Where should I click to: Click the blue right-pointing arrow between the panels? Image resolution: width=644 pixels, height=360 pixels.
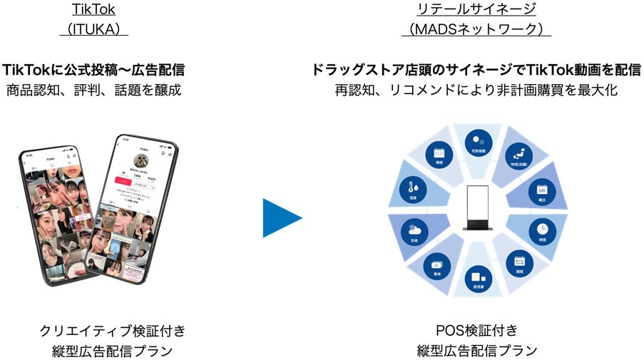click(x=281, y=217)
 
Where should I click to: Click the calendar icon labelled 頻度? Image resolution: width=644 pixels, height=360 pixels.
click(x=437, y=155)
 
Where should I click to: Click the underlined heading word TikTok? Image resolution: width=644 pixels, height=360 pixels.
click(x=94, y=9)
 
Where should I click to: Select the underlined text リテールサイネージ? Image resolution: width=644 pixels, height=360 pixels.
click(x=476, y=9)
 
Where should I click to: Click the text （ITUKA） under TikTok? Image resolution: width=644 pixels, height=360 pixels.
click(x=94, y=30)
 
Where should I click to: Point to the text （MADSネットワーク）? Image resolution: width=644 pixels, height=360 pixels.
click(x=476, y=30)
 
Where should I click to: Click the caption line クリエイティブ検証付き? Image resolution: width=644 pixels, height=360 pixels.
click(x=113, y=331)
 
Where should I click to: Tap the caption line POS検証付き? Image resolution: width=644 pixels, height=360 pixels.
click(x=476, y=331)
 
